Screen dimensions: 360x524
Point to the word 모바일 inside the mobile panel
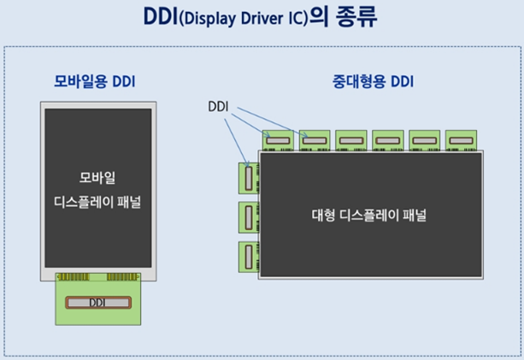pyautogui.click(x=97, y=179)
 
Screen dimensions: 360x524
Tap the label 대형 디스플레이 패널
pyautogui.click(x=368, y=215)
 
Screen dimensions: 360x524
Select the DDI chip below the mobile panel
pyautogui.click(x=97, y=303)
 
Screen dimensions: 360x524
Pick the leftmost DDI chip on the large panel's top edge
pyautogui.click(x=279, y=139)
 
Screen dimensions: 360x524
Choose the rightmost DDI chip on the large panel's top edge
pyautogui.click(x=462, y=139)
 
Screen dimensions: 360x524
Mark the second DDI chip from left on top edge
pyautogui.click(x=315, y=139)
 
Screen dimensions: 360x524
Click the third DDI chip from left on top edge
pyautogui.click(x=352, y=139)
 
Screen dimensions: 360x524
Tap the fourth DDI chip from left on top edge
pyautogui.click(x=389, y=139)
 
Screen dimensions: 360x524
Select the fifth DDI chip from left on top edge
pyautogui.click(x=425, y=139)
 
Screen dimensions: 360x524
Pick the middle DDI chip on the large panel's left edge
pyautogui.click(x=249, y=217)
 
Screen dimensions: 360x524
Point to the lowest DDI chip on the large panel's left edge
pyautogui.click(x=249, y=257)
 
